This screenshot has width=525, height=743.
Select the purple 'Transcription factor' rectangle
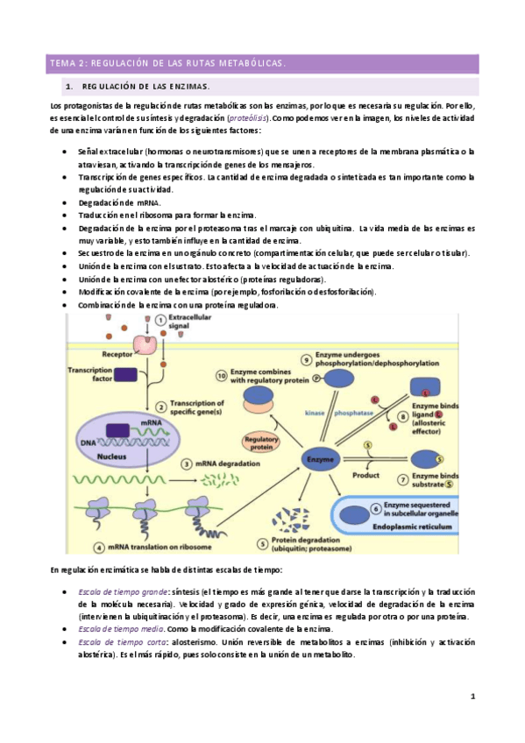pos(127,375)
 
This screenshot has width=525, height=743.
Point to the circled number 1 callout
pos(160,321)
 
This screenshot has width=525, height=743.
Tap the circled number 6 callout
pos(374,508)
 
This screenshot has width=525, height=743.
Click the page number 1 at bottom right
pos(472,697)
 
